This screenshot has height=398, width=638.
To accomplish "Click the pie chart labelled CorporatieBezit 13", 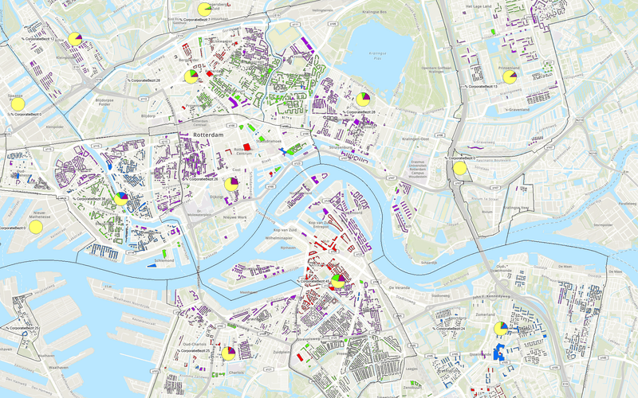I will point(508,78).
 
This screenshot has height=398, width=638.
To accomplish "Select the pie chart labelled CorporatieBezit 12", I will point(74,38).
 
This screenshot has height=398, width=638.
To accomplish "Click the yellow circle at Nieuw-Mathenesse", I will point(35,227).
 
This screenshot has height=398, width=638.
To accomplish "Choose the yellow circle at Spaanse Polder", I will point(18,103).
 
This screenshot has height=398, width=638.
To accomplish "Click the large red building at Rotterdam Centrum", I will point(246,146).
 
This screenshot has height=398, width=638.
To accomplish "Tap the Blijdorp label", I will point(148,115).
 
